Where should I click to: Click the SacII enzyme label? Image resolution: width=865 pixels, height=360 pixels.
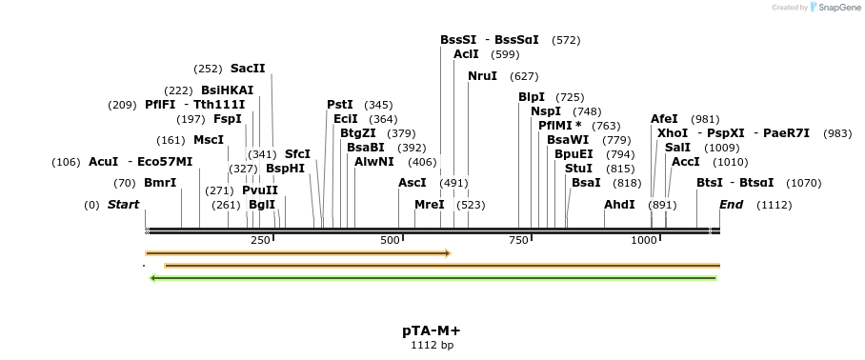click(x=248, y=69)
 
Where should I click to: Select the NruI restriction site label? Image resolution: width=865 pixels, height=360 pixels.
click(x=482, y=75)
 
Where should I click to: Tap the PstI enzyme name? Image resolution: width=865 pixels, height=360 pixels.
click(x=340, y=104)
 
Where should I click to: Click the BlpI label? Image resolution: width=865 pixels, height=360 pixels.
click(x=532, y=97)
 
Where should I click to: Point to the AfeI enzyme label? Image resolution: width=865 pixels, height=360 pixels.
click(x=665, y=119)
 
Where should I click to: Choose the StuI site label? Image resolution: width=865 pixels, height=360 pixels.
click(x=579, y=168)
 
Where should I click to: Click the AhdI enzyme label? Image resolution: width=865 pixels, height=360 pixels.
click(x=619, y=205)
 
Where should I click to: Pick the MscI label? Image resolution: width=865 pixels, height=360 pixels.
click(x=209, y=140)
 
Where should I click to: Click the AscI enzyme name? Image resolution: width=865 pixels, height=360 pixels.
click(x=412, y=182)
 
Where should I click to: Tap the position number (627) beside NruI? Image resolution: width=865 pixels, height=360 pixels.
click(x=524, y=76)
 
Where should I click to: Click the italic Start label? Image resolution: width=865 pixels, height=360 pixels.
click(x=123, y=205)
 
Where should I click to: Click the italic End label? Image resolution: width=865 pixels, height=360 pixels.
click(x=732, y=205)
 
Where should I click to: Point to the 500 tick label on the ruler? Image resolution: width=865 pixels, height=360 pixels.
click(x=390, y=240)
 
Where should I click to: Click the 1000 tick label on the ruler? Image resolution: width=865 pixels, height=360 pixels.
click(x=645, y=240)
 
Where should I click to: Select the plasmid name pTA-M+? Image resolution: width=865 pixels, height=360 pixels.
click(x=432, y=330)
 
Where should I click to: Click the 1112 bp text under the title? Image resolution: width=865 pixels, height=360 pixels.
click(x=432, y=345)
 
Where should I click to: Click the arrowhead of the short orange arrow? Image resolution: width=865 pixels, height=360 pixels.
click(x=446, y=253)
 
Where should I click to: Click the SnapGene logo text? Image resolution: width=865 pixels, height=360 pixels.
click(x=836, y=8)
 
